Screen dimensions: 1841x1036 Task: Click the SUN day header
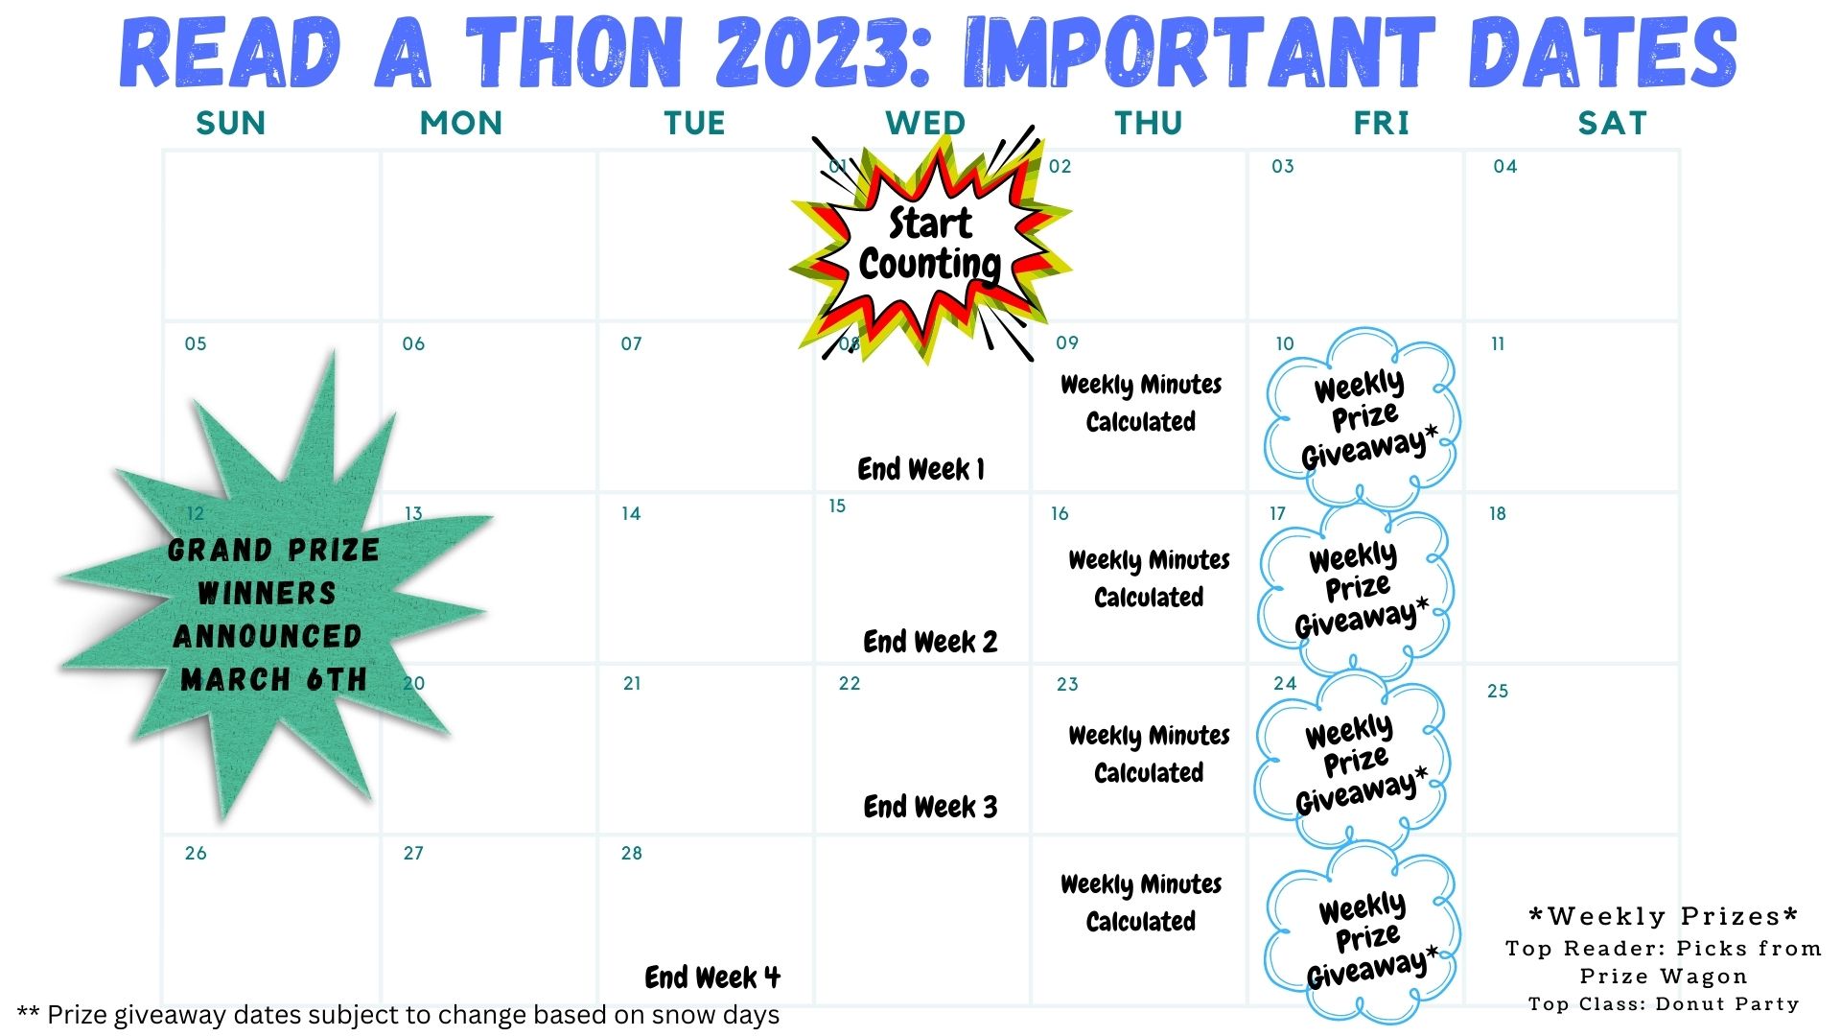tap(231, 123)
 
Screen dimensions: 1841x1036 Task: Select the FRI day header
tap(1381, 123)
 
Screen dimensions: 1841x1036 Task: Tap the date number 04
tap(1505, 166)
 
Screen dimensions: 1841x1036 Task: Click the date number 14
tap(631, 513)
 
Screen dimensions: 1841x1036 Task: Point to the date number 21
tap(632, 683)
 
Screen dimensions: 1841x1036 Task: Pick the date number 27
tap(413, 853)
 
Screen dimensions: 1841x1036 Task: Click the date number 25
tap(1498, 691)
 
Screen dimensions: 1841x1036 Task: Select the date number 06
tap(413, 343)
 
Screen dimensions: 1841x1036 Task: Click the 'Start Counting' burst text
tap(930, 244)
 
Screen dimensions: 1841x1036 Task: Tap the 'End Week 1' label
tap(920, 469)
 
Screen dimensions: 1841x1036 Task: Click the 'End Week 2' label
tap(930, 641)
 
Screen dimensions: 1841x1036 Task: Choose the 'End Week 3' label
tap(930, 807)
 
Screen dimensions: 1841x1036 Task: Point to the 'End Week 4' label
tap(712, 977)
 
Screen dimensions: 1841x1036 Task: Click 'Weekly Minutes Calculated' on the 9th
tap(1141, 403)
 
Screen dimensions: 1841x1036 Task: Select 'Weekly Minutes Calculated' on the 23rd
tap(1149, 754)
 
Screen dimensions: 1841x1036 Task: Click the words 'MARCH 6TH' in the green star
tap(273, 679)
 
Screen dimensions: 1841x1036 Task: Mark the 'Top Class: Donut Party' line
tap(1664, 1004)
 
